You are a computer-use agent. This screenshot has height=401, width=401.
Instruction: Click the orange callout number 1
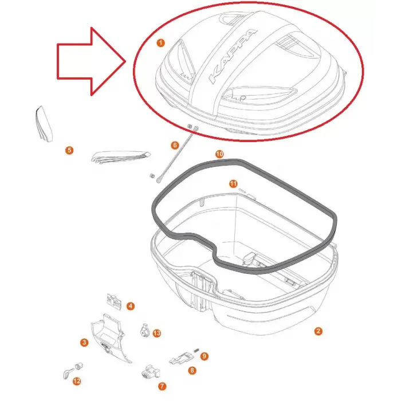(160, 43)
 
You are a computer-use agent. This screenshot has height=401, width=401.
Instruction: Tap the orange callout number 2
(318, 331)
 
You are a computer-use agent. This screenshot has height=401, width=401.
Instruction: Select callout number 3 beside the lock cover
(84, 343)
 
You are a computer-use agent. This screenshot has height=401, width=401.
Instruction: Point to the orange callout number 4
(131, 306)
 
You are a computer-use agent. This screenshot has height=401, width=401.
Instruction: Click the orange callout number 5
(69, 150)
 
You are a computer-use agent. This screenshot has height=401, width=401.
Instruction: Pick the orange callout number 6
(175, 146)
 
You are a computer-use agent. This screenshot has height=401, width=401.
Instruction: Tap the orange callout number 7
(162, 386)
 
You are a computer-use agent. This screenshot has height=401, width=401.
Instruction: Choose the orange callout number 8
(192, 370)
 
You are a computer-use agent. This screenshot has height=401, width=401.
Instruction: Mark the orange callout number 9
(204, 356)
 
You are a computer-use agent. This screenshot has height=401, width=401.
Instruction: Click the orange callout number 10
(219, 154)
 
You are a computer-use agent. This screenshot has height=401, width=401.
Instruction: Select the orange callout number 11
(233, 184)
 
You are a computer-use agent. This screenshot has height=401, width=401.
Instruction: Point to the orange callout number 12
(77, 382)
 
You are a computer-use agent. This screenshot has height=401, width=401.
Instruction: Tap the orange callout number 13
(157, 333)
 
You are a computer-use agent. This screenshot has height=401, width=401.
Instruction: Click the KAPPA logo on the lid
(233, 56)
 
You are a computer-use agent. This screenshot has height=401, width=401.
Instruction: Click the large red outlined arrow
(91, 61)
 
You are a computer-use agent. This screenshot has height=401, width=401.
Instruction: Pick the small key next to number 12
(67, 374)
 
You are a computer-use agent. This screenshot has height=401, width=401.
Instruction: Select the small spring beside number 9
(196, 351)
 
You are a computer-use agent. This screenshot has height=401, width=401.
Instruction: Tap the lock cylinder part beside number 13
(145, 330)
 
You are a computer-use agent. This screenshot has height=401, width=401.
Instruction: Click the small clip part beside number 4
(113, 300)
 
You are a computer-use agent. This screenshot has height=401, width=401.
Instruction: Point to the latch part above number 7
(150, 372)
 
